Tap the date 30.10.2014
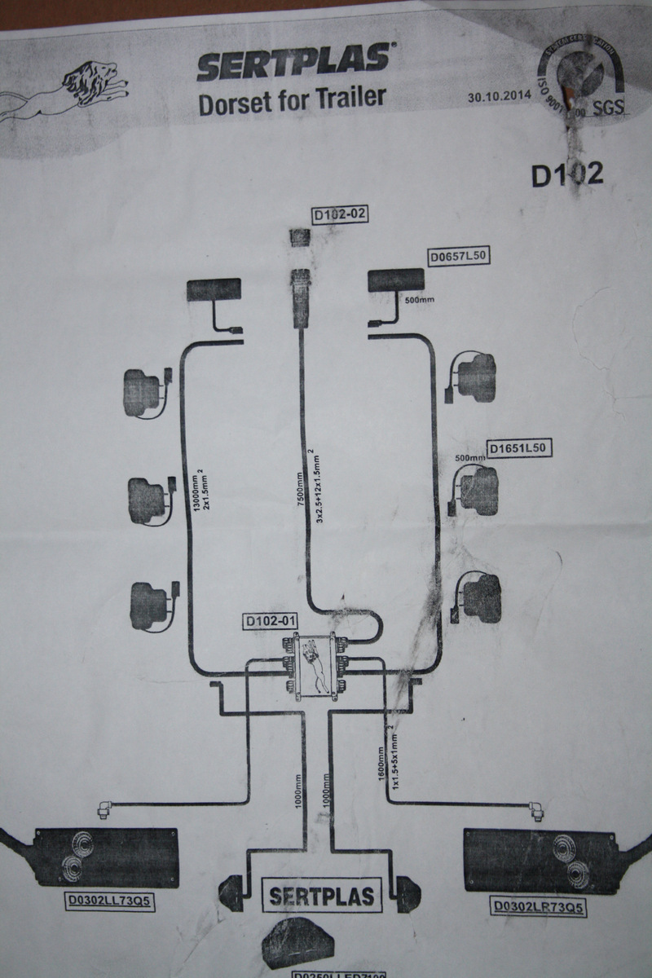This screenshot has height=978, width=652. pos(499,96)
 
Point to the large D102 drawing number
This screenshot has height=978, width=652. pos(567,175)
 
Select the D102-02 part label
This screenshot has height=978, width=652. pos(341,214)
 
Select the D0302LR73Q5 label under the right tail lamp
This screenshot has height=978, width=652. pos(539,905)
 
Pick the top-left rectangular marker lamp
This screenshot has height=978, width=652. pos(214,291)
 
